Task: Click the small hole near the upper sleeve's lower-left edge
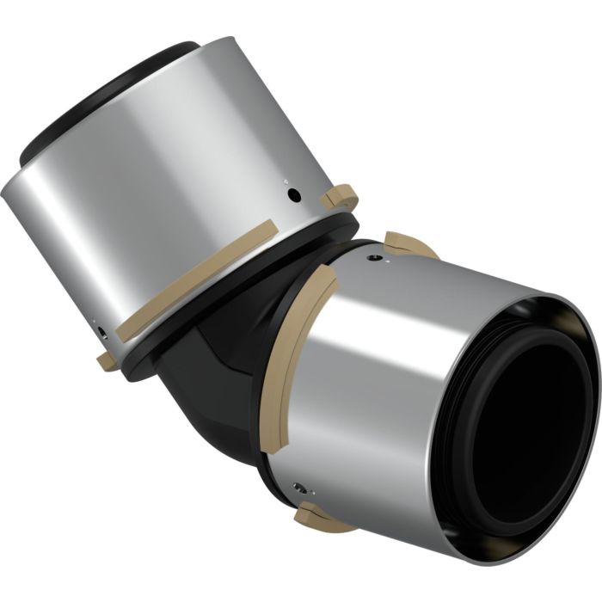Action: [x=101, y=331]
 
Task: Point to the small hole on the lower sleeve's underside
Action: [x=297, y=488]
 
